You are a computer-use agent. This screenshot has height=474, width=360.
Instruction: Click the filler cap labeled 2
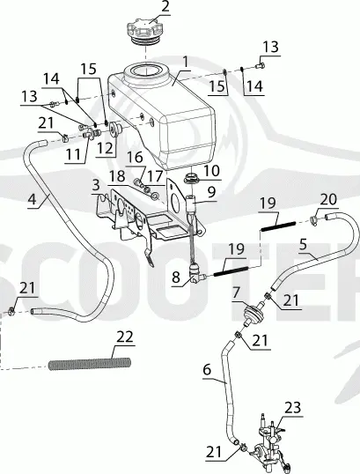(x=145, y=32)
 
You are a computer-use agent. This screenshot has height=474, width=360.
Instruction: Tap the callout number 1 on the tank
(x=185, y=63)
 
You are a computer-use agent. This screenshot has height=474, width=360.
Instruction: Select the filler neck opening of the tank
(x=145, y=70)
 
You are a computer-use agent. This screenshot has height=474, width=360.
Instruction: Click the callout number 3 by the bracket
(x=96, y=185)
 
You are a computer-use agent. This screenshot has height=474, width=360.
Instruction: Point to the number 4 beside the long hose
(x=32, y=199)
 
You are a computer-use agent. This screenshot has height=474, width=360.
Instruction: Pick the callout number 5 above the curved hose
(x=303, y=244)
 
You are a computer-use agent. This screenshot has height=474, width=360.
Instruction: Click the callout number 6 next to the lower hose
(x=207, y=369)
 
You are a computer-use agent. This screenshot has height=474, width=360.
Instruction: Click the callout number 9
(x=211, y=191)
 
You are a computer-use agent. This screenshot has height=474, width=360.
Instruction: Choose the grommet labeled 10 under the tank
(x=191, y=178)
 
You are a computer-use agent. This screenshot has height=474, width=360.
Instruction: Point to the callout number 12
(x=105, y=148)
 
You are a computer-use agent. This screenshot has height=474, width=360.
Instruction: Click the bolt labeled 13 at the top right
(x=261, y=65)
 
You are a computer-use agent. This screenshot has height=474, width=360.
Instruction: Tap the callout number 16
(x=135, y=157)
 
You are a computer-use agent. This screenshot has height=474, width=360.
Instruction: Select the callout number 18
(x=117, y=176)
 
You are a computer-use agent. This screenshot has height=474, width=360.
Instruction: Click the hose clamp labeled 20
(x=314, y=219)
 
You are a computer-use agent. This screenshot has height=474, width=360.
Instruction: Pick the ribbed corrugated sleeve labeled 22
(x=90, y=363)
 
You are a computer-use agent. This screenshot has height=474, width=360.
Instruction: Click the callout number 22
(x=125, y=337)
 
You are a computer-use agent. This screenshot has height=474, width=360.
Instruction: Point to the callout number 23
(x=292, y=408)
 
